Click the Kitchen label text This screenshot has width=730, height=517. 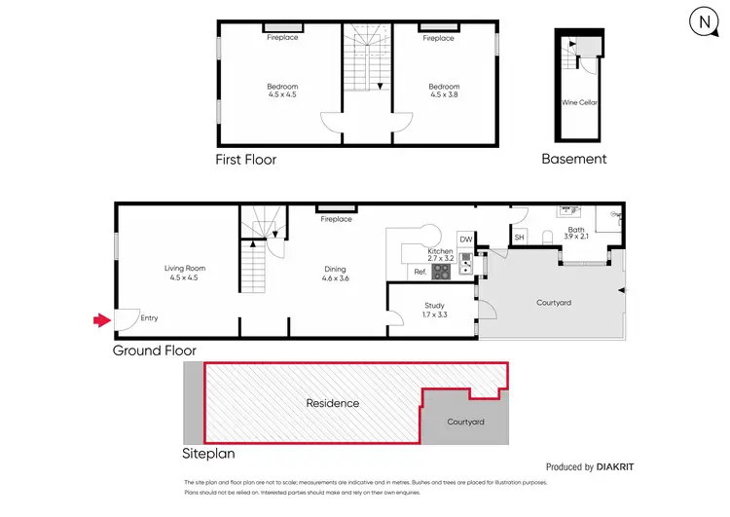coord(440,252)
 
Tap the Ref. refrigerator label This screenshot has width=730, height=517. coord(420,272)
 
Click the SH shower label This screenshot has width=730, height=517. coord(519,238)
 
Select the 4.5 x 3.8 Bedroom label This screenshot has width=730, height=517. coord(444,92)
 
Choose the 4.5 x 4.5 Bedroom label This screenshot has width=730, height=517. coord(282,92)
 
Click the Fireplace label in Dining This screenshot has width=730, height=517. coord(337,220)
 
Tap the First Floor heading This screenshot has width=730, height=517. coord(245,159)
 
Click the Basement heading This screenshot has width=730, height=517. coord(574,159)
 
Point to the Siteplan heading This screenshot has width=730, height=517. coord(208,454)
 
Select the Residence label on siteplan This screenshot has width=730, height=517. coord(333,403)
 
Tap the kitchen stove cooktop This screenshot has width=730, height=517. coord(440,273)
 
